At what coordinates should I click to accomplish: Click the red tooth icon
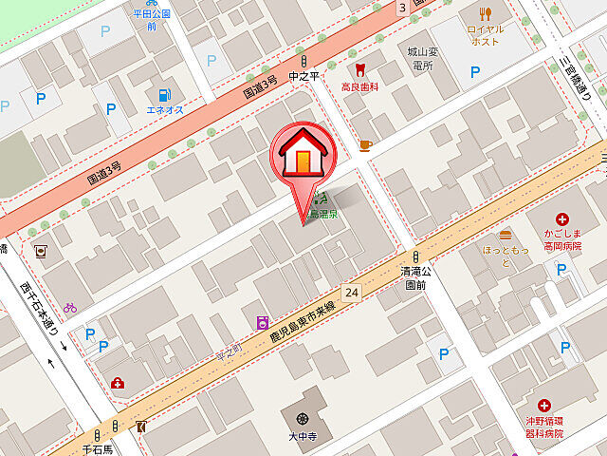pos(359,69)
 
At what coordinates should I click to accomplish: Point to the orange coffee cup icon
pos(364,145)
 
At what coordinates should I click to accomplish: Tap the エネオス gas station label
pos(164,110)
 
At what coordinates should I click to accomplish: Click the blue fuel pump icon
pos(164,95)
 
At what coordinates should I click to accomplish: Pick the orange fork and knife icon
pos(487,13)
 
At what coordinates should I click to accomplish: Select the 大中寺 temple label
pos(303,438)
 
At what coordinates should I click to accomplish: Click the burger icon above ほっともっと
pos(506,234)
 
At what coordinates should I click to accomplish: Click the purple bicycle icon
pos(69,308)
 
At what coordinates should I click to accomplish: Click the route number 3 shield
pos(403,8)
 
